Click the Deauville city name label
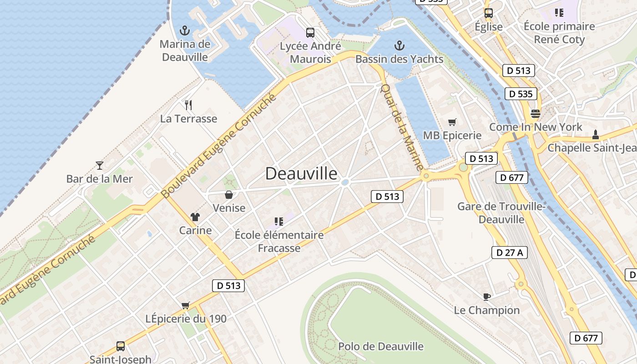click(x=301, y=173)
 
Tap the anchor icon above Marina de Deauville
click(x=185, y=30)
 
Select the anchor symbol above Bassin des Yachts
click(x=399, y=45)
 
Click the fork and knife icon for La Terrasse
click(x=188, y=105)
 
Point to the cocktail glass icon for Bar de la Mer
click(x=100, y=165)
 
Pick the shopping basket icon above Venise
click(x=229, y=195)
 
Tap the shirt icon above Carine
click(x=195, y=217)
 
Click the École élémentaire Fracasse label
click(x=279, y=241)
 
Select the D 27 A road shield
click(x=510, y=253)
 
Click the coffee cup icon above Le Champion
click(x=486, y=297)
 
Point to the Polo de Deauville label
click(x=381, y=346)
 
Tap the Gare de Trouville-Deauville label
click(x=501, y=213)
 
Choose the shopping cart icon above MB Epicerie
click(x=452, y=122)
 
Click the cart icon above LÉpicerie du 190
click(x=185, y=305)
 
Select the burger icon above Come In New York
click(x=535, y=113)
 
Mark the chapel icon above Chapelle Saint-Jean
click(x=595, y=135)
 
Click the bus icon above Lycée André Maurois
click(x=310, y=32)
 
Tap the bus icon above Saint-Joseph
click(x=120, y=346)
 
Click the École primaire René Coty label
click(x=559, y=33)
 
